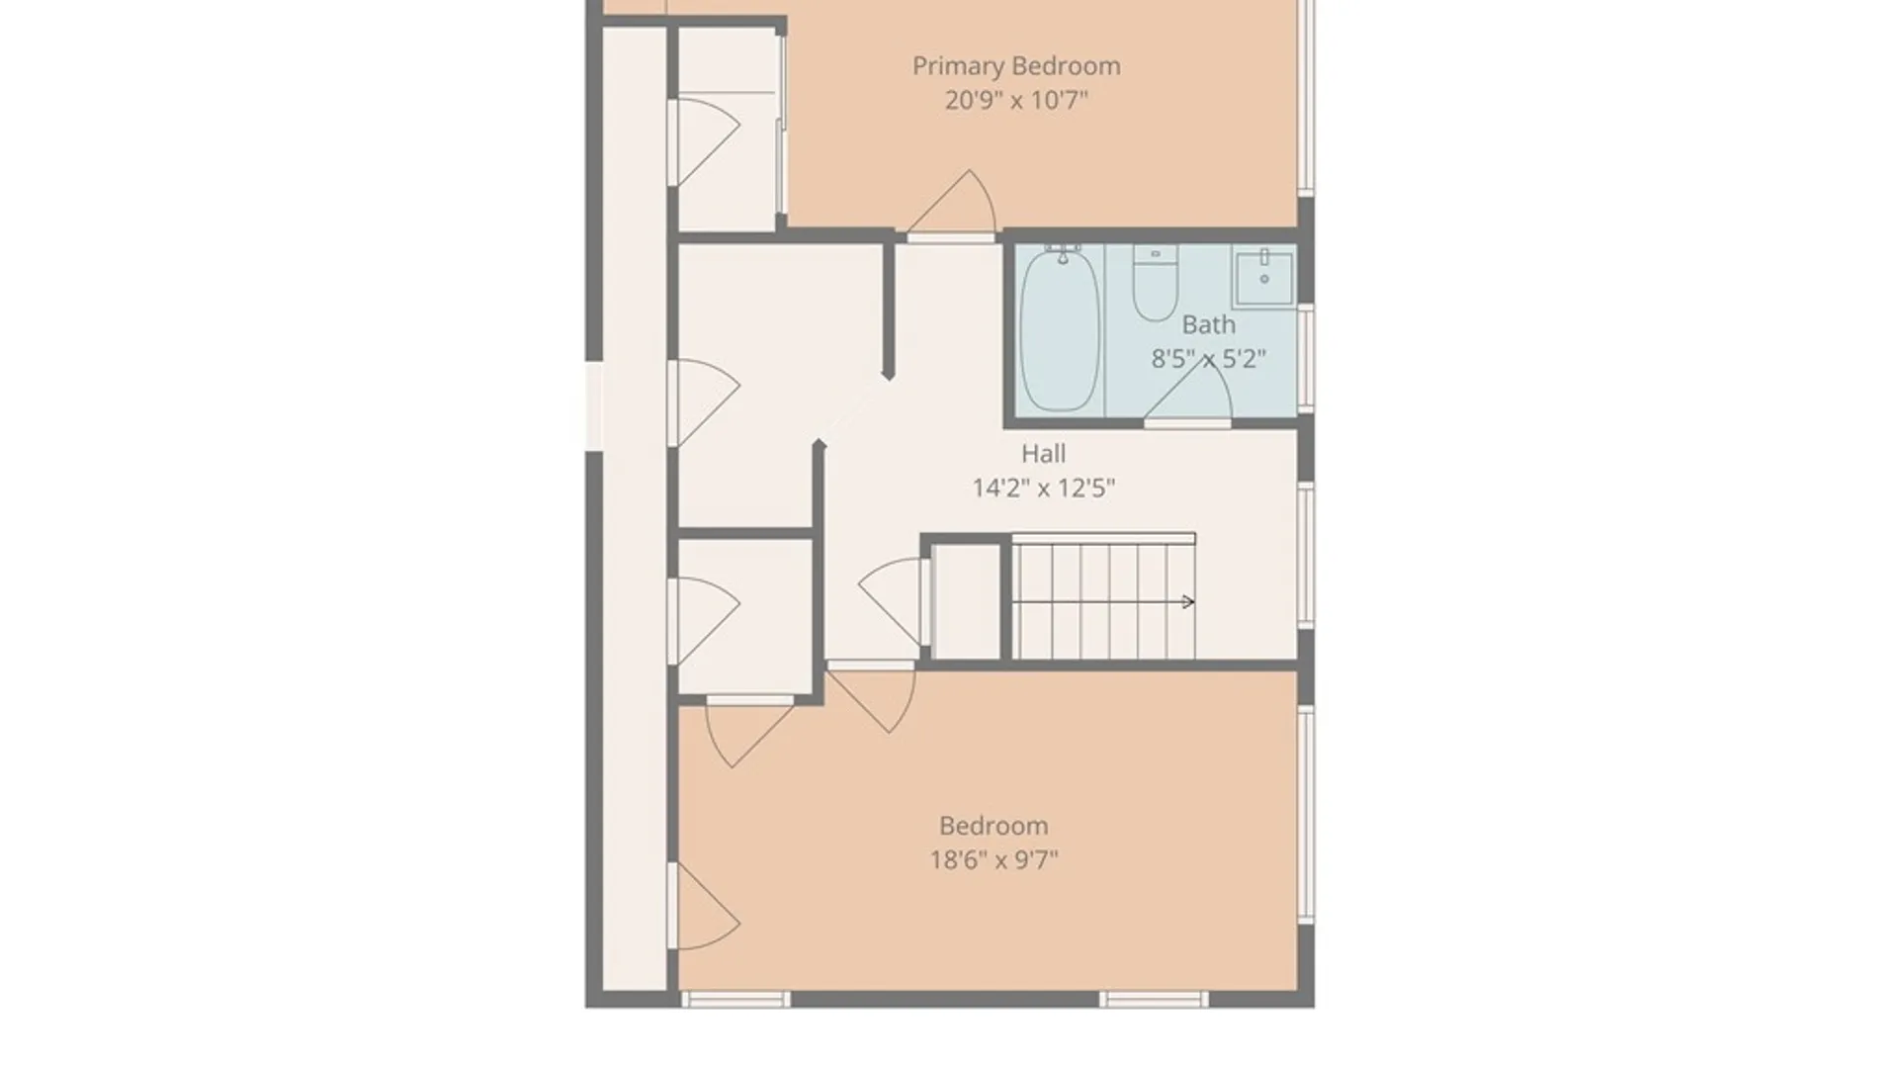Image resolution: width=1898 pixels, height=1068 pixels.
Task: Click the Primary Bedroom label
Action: tap(1016, 66)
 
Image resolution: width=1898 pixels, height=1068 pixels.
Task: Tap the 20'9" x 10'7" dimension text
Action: tap(1016, 100)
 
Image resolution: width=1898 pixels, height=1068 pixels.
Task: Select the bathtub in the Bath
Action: tap(1060, 330)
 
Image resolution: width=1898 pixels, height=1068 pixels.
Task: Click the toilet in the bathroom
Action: tap(1156, 284)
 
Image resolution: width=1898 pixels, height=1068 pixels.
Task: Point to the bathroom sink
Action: tap(1263, 278)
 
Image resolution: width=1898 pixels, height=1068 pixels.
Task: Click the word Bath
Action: tap(1208, 324)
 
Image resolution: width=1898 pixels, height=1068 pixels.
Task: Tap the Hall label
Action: tap(1043, 454)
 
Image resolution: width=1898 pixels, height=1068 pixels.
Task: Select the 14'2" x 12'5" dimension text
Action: tap(1044, 488)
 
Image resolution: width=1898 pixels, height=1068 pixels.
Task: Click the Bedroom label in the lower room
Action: tap(993, 826)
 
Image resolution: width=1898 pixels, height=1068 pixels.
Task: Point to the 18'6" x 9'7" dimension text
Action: tap(993, 859)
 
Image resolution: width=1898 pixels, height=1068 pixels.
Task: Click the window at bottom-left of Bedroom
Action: tap(735, 999)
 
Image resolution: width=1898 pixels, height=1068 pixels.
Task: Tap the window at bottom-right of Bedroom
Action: tap(1154, 999)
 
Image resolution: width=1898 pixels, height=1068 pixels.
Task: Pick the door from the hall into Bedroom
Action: tap(871, 696)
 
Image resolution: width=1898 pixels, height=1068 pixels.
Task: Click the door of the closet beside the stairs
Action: tap(895, 601)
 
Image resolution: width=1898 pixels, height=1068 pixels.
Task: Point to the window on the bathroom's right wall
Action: tap(1306, 357)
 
